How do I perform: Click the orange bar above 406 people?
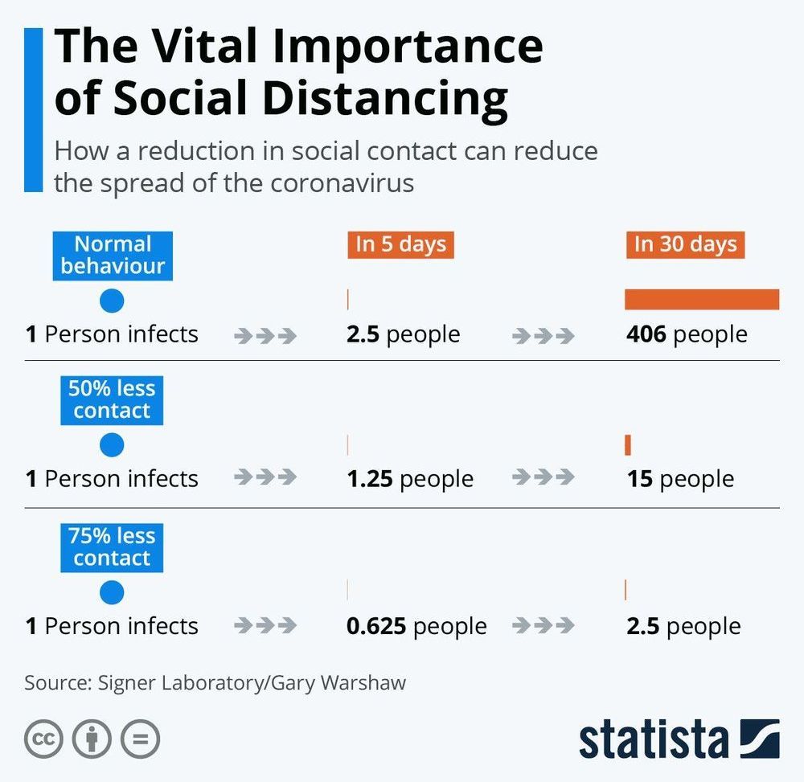[702, 299]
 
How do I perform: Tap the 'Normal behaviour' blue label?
[113, 255]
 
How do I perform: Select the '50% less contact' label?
[112, 399]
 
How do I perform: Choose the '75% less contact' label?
[112, 547]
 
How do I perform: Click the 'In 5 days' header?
[400, 244]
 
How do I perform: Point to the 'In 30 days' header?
[685, 244]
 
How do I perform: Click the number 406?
[646, 334]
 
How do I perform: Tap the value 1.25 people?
[410, 479]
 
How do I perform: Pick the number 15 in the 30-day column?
[640, 479]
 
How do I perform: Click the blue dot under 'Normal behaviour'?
[112, 301]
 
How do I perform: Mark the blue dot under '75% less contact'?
[112, 593]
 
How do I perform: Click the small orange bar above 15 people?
[628, 444]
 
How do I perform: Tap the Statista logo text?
[653, 739]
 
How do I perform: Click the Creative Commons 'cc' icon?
[43, 739]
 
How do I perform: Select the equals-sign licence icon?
[140, 739]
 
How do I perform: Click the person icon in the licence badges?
[92, 739]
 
